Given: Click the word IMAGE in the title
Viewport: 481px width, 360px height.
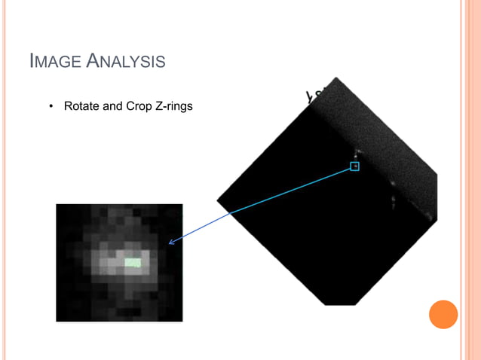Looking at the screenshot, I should (54, 61).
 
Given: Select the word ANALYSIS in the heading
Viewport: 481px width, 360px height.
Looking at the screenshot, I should (125, 61).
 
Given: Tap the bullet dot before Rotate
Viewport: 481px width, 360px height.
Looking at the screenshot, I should (51, 107).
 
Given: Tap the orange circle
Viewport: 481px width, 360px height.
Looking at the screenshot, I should (443, 314).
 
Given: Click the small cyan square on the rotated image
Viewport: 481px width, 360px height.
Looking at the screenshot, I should (354, 166).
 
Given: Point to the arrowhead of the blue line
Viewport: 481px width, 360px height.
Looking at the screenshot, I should (171, 243).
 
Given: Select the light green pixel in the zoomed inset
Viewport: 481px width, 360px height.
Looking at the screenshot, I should (133, 262).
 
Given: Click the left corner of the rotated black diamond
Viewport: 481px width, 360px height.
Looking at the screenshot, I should (217, 200).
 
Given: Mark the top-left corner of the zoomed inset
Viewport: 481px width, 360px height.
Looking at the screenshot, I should (57, 204).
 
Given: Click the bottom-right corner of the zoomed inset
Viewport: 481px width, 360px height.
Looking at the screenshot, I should (182, 322).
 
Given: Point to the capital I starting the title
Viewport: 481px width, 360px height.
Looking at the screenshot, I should (31, 61).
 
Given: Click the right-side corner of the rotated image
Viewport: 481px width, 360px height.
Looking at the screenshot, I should (437, 181).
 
